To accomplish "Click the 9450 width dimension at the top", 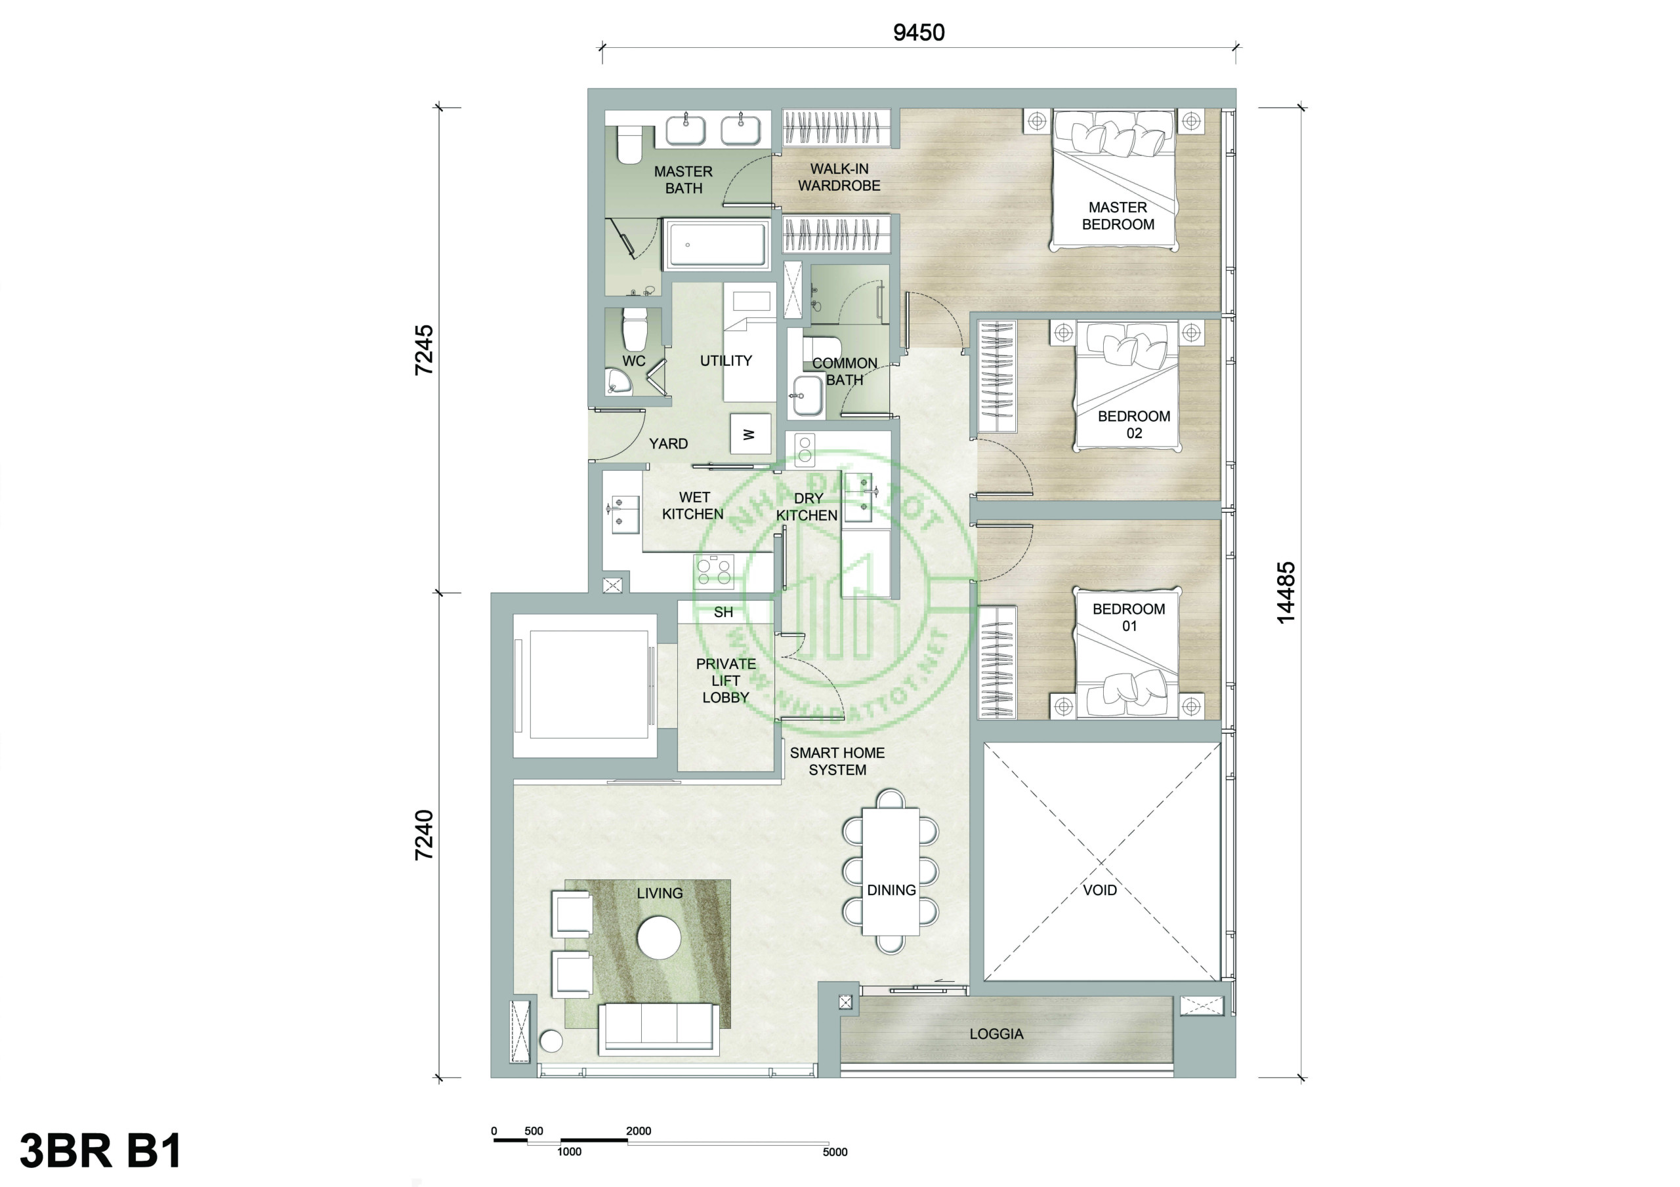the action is pos(918,33).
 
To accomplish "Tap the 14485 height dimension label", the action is pos(1286,592).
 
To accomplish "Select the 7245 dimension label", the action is pos(425,350).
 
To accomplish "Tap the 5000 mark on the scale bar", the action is pos(835,1152).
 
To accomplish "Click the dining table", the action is pos(891,871).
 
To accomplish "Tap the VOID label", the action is pos(1100,890).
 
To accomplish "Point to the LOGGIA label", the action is pos(996,1034).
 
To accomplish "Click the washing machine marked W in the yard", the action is pos(750,433).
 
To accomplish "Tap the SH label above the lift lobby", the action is pos(723,612).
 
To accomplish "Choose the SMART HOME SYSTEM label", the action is pos(837,761).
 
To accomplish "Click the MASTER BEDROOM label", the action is pos(1118,216).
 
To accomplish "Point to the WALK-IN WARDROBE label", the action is pos(839,177).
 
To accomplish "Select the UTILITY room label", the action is pos(726,361).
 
